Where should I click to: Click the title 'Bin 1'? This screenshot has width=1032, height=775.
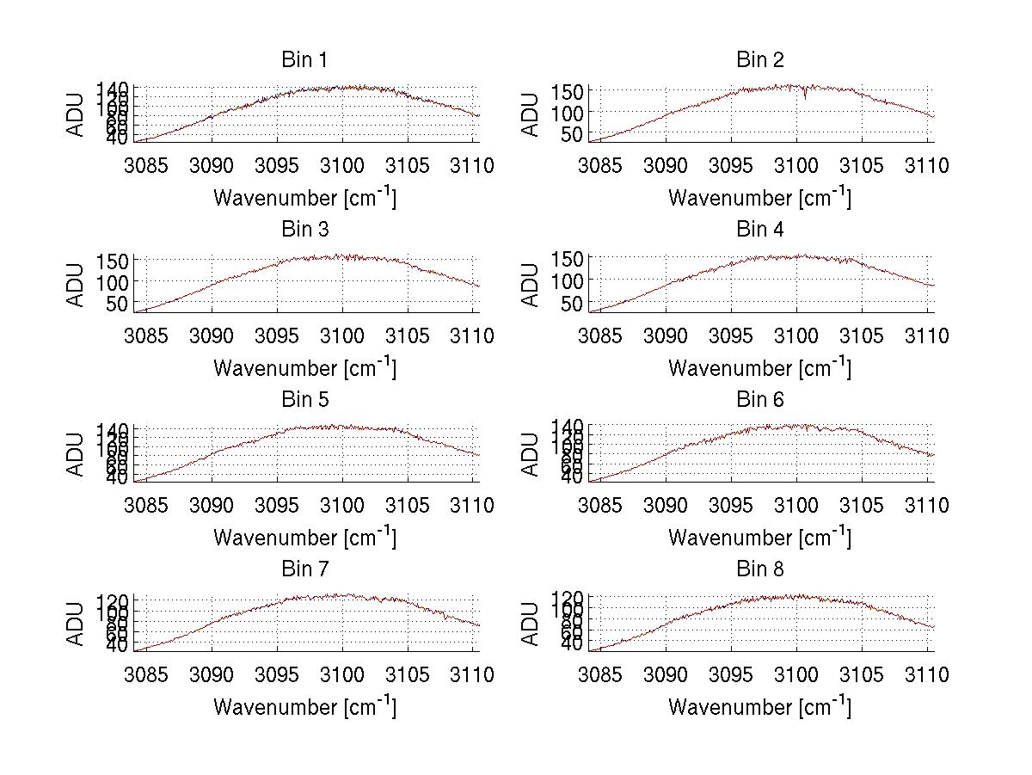coord(304,60)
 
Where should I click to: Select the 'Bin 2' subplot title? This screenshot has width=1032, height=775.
coord(759,60)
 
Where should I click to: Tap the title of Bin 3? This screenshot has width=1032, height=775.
coord(304,230)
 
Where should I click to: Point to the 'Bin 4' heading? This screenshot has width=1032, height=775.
coord(759,230)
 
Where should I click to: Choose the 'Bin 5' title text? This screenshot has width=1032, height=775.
coord(304,400)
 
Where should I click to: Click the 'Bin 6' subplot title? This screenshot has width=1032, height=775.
coord(759,400)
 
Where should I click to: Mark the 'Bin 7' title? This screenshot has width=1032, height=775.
coord(304,569)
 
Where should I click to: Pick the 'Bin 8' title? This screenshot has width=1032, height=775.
coord(759,569)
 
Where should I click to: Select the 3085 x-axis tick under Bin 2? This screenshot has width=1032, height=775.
coord(600,166)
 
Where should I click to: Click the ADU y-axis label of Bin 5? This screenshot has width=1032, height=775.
coord(77,453)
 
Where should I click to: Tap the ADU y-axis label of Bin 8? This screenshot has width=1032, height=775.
coord(531,623)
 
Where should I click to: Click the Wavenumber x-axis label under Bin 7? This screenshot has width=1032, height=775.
coord(304,706)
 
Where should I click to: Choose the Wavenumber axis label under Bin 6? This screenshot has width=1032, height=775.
coord(759,537)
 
